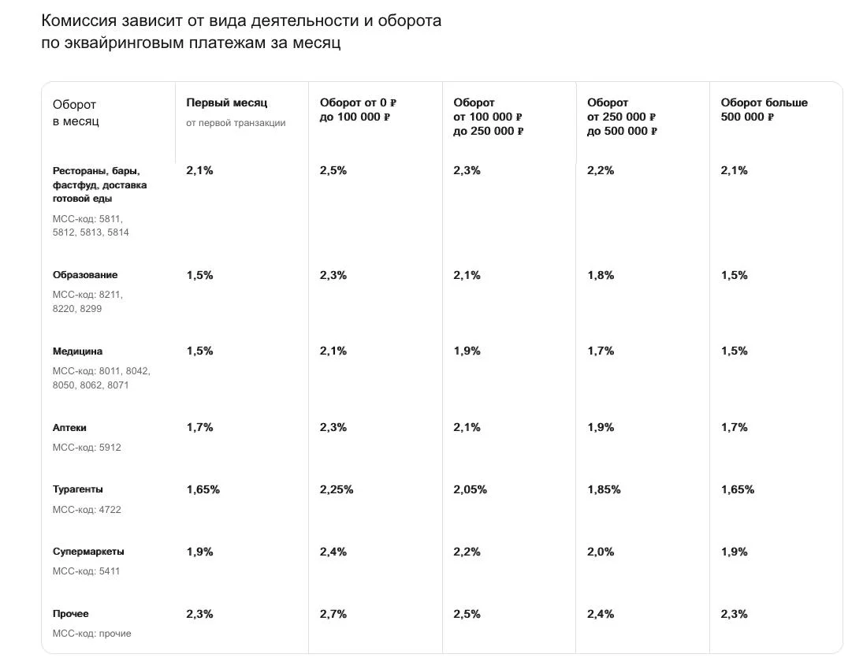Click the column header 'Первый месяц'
(x=226, y=102)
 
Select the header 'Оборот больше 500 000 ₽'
(x=764, y=110)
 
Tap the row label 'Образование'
(x=85, y=275)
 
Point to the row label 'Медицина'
(x=77, y=351)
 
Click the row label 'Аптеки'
(x=69, y=428)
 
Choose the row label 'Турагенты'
(x=77, y=489)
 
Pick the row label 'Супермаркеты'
(x=88, y=552)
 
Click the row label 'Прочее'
(x=71, y=614)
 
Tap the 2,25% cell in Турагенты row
(x=337, y=489)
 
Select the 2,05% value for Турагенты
(x=470, y=489)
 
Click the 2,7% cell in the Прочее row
(x=333, y=614)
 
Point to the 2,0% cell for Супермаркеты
(x=601, y=552)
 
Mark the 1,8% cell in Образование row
(x=601, y=275)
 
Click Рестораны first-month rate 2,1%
(x=199, y=170)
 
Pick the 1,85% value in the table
(x=604, y=489)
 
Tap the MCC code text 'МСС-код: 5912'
(x=87, y=448)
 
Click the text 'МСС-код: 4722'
(x=87, y=510)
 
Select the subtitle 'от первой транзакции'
(x=236, y=123)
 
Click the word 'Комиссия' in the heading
(x=78, y=20)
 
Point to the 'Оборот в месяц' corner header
(x=76, y=113)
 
